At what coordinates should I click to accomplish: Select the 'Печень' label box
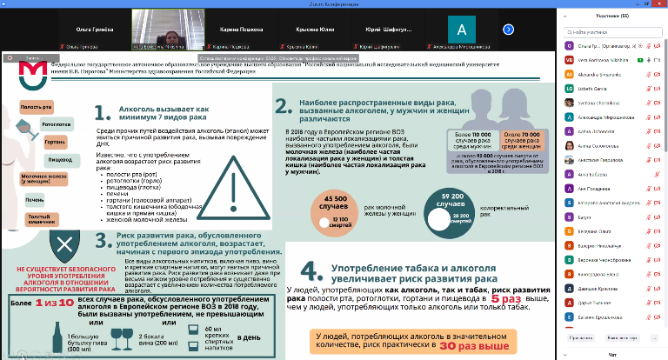pos(34,199)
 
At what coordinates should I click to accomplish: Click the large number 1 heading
pos(100,114)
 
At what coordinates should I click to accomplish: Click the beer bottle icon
pos(46,334)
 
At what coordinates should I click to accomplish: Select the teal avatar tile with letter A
pos(460,28)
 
